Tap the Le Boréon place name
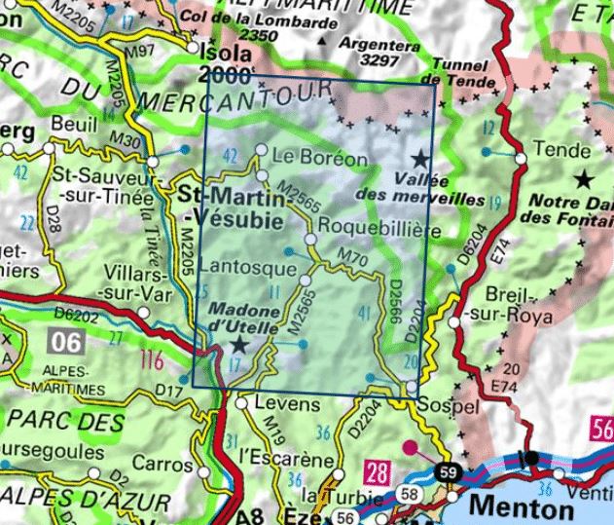319,156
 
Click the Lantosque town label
241,266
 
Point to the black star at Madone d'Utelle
239,346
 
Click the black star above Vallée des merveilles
420,158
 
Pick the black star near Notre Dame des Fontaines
584,178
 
